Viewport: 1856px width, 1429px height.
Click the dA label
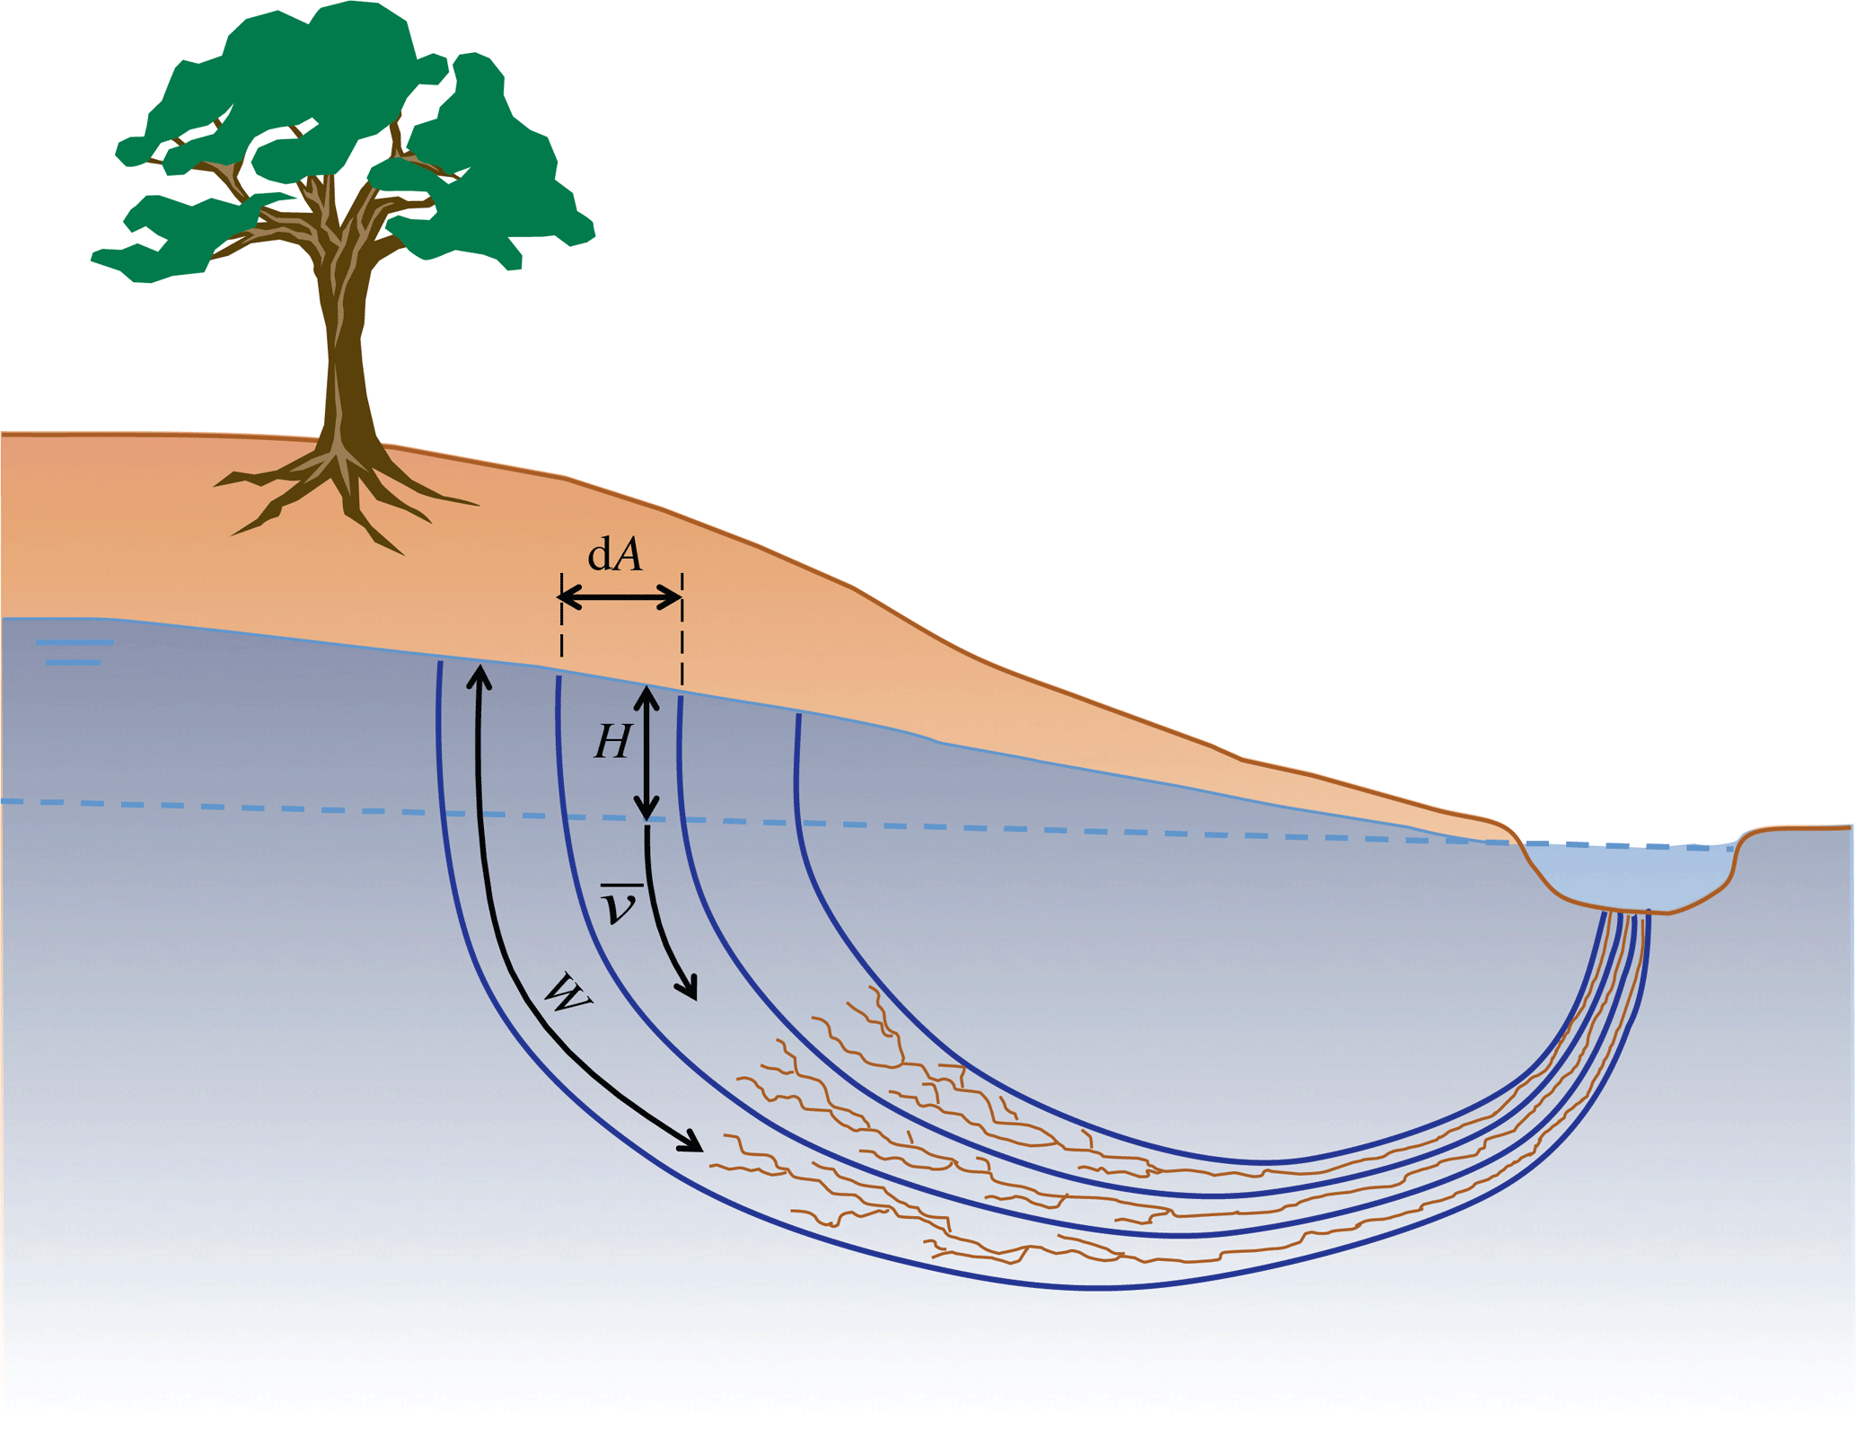click(x=615, y=555)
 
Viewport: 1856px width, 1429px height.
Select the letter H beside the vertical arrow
click(x=613, y=742)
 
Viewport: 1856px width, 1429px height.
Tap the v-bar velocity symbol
click(x=620, y=904)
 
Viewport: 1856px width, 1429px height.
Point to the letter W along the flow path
click(x=567, y=992)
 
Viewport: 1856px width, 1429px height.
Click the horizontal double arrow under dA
click(x=620, y=596)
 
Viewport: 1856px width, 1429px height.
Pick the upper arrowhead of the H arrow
click(x=647, y=695)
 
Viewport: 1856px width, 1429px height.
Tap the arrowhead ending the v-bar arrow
click(x=690, y=991)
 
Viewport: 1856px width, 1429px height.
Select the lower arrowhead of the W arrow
click(x=692, y=1142)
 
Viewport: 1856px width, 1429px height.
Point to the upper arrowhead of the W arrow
click(x=480, y=675)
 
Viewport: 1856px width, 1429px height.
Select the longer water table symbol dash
click(x=75, y=642)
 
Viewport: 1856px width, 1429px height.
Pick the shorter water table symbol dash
click(x=73, y=663)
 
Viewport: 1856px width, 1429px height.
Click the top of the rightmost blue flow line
click(x=798, y=719)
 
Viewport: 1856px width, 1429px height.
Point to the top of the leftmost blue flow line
click(x=440, y=666)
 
